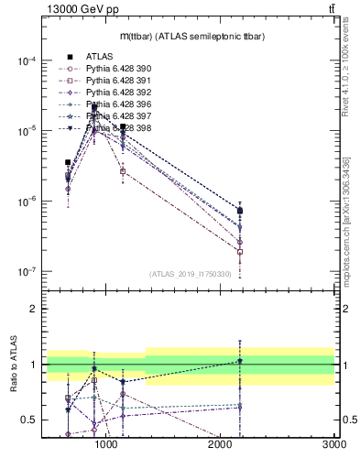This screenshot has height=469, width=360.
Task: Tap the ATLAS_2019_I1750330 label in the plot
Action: coord(189,273)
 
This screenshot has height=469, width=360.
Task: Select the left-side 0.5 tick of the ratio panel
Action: coord(31,420)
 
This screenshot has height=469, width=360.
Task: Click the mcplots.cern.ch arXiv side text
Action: coord(345,220)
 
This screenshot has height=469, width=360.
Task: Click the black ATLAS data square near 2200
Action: coord(240,211)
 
